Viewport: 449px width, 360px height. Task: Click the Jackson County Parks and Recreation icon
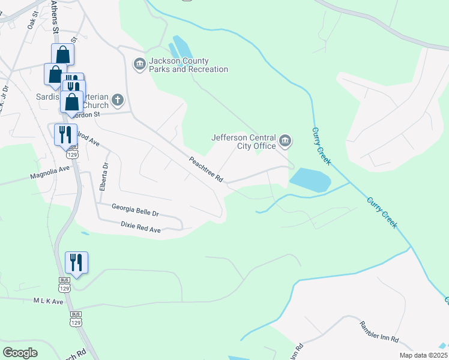pyautogui.click(x=140, y=64)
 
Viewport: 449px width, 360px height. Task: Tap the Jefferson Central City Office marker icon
pyautogui.click(x=285, y=142)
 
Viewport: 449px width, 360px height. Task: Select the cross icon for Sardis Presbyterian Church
pyautogui.click(x=118, y=100)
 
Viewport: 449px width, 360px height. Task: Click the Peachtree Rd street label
pyautogui.click(x=206, y=170)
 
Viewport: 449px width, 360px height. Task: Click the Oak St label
pyautogui.click(x=32, y=20)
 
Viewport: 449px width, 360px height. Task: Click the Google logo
pyautogui.click(x=20, y=352)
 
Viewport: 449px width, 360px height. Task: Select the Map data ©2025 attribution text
pyautogui.click(x=423, y=355)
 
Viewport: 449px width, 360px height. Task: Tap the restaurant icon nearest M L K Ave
pyautogui.click(x=76, y=262)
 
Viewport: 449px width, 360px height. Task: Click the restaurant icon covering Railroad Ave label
pyautogui.click(x=66, y=134)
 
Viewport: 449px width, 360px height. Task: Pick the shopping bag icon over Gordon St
pyautogui.click(x=72, y=103)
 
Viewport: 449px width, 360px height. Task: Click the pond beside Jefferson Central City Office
pyautogui.click(x=310, y=179)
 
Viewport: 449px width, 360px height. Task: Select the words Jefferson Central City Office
pyautogui.click(x=243, y=141)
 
